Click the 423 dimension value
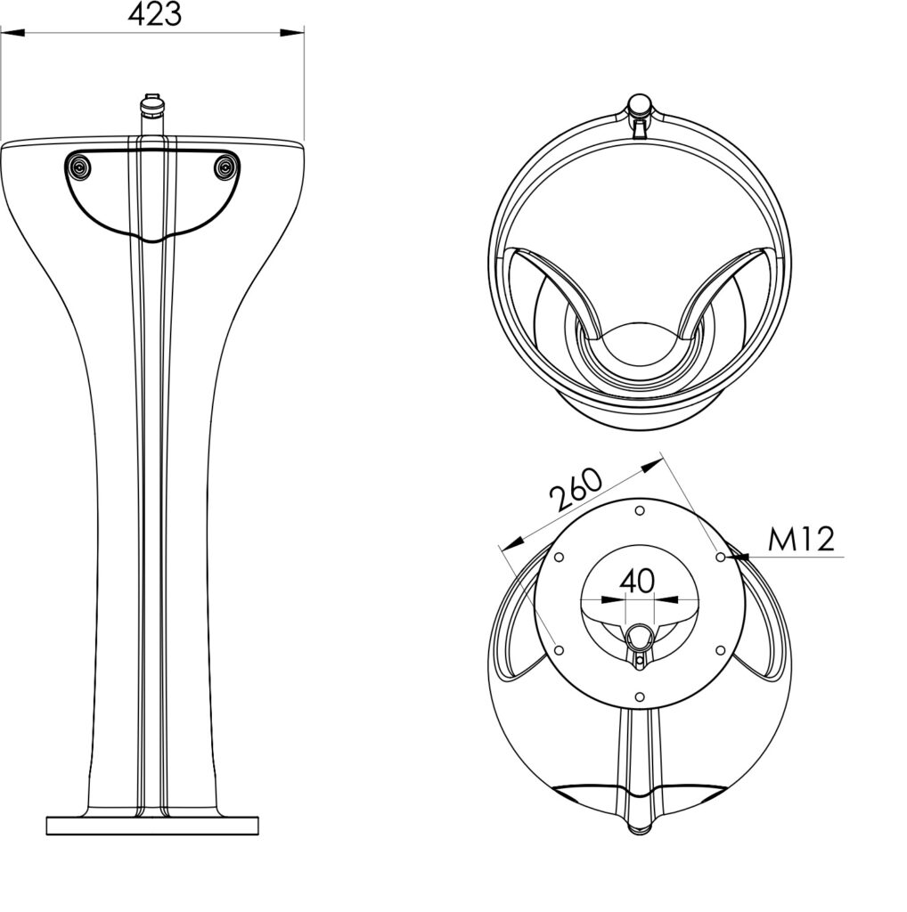pyautogui.click(x=155, y=14)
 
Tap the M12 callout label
pyautogui.click(x=801, y=539)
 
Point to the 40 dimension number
pyautogui.click(x=638, y=581)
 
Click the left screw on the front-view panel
pyautogui.click(x=78, y=168)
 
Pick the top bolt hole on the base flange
pyautogui.click(x=640, y=510)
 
